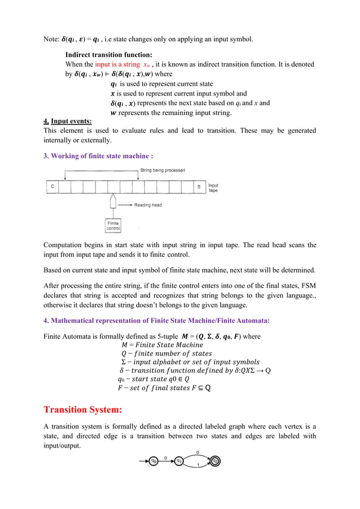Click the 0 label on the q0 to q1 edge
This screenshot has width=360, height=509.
click(166, 458)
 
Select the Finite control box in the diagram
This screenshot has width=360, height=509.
click(113, 226)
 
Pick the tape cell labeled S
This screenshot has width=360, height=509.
click(199, 187)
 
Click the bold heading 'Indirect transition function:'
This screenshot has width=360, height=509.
click(109, 55)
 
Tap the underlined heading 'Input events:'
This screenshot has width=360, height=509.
click(72, 121)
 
